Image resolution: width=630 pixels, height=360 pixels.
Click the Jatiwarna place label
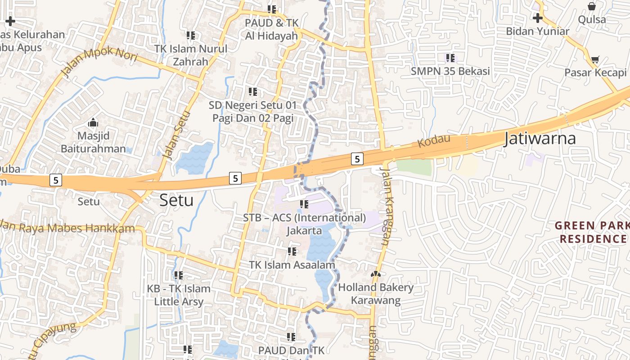tap(540, 138)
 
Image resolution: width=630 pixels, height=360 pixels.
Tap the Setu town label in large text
tap(176, 200)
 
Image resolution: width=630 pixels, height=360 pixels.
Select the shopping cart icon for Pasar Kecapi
tap(595, 60)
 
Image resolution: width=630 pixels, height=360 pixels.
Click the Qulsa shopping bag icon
tap(592, 7)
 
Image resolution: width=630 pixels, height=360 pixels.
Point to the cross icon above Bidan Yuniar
tap(537, 18)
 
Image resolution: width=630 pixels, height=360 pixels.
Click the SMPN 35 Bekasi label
tap(450, 71)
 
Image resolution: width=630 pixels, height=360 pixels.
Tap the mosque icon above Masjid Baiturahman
tap(93, 122)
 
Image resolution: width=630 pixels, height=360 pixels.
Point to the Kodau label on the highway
tap(434, 141)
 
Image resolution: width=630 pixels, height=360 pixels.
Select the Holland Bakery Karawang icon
tap(375, 274)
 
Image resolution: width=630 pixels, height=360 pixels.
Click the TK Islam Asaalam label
tap(292, 265)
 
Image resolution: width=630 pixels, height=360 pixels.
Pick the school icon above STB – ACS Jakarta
tap(304, 205)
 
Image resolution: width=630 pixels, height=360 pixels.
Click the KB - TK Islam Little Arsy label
tap(179, 295)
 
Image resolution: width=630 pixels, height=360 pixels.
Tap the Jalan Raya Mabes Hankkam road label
tap(67, 227)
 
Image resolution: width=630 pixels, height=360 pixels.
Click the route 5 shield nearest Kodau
tap(357, 159)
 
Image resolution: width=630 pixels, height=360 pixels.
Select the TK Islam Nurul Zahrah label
tap(190, 55)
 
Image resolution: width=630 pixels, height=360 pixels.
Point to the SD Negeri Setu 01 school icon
tap(253, 92)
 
